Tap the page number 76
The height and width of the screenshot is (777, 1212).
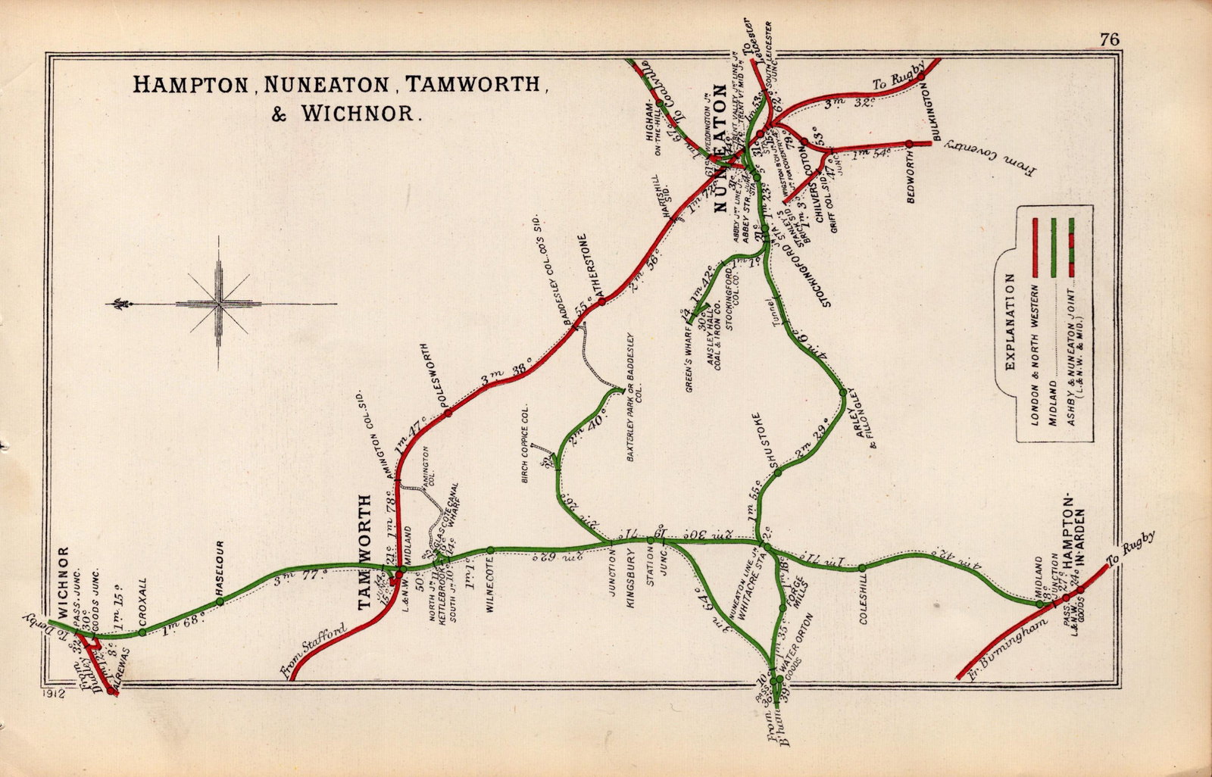tap(1110, 41)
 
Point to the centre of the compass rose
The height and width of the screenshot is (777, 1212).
tap(219, 304)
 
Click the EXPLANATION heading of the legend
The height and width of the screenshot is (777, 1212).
tap(1009, 322)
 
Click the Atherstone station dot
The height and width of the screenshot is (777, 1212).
tap(601, 301)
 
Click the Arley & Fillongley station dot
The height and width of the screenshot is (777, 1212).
tap(842, 392)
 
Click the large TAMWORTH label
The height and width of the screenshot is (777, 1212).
tap(365, 553)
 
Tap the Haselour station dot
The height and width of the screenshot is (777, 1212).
tap(220, 601)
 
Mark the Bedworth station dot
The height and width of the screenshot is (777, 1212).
tap(907, 142)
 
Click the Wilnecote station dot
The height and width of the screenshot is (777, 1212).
tap(490, 550)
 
